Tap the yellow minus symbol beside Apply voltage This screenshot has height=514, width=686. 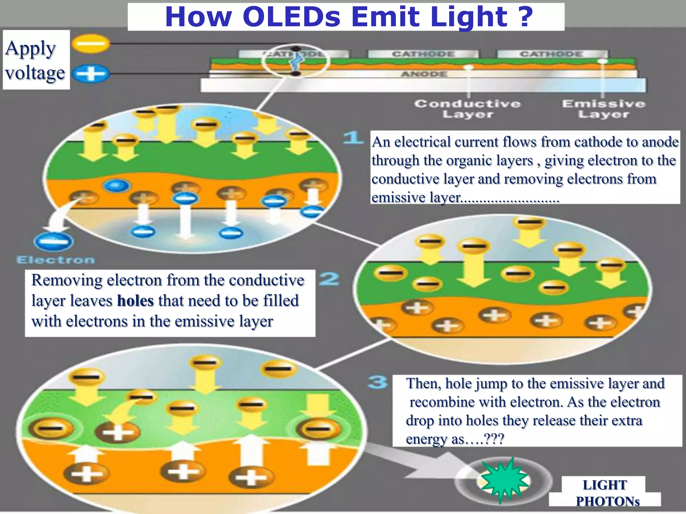click(91, 44)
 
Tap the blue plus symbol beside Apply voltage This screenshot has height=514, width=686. click(91, 74)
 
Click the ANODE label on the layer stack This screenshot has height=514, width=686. click(424, 74)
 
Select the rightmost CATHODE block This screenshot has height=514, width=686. click(552, 54)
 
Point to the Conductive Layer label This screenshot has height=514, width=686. click(468, 109)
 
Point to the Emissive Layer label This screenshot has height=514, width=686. click(604, 109)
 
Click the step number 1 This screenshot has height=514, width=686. click(353, 138)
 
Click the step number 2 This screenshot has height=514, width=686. click(329, 279)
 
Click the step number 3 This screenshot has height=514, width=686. click(378, 382)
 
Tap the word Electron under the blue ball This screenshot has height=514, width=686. click(56, 260)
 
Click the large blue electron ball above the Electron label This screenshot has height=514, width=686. click(54, 241)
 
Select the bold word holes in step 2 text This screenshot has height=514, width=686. click(135, 301)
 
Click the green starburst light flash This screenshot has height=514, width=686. click(504, 481)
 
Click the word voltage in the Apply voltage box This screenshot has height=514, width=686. click(35, 73)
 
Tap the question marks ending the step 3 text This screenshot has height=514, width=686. click(494, 439)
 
